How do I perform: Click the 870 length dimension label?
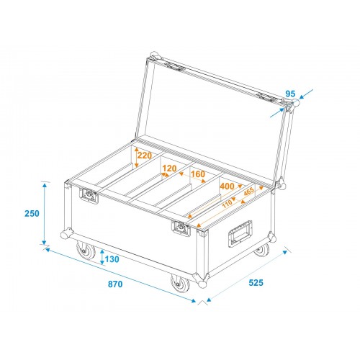(115, 284)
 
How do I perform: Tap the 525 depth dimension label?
(256, 283)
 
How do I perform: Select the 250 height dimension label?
(32, 213)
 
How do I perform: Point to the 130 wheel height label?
(112, 259)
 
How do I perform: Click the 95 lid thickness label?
(290, 94)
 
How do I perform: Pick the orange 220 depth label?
(145, 156)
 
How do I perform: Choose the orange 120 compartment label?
(169, 168)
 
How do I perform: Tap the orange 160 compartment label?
(198, 174)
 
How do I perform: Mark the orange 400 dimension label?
(227, 186)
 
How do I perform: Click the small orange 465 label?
(248, 192)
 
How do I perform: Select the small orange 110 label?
(227, 204)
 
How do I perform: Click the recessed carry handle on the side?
(240, 234)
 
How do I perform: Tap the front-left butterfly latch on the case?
(89, 196)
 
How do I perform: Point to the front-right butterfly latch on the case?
(181, 228)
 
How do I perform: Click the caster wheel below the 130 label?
(86, 251)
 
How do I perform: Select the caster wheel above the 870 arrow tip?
(180, 284)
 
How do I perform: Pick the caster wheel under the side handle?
(262, 250)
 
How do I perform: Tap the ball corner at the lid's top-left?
(154, 56)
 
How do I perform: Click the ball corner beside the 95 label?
(295, 103)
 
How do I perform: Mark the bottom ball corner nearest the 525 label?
(202, 284)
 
